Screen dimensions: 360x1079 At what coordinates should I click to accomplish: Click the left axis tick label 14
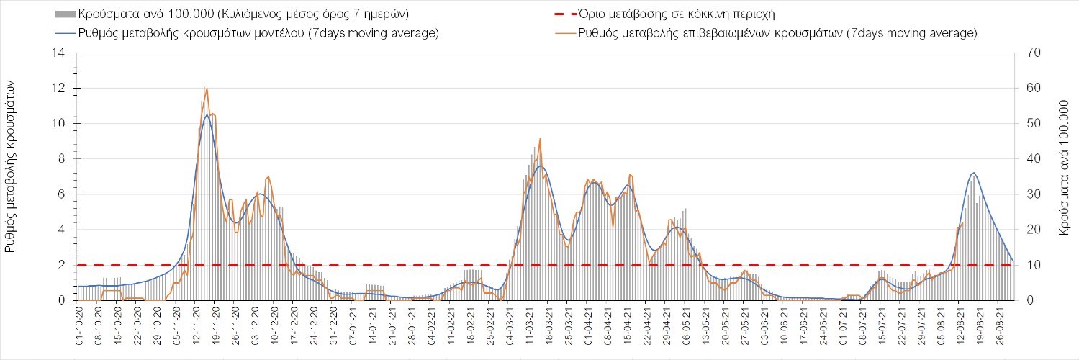pyautogui.click(x=60, y=53)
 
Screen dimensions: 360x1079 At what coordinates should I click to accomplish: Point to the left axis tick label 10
pyautogui.click(x=60, y=124)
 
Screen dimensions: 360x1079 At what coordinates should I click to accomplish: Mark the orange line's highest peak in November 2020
pyautogui.click(x=207, y=88)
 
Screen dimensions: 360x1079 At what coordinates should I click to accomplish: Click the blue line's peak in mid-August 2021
pyautogui.click(x=974, y=173)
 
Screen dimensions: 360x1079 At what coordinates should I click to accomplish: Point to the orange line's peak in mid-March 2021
pyautogui.click(x=539, y=139)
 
